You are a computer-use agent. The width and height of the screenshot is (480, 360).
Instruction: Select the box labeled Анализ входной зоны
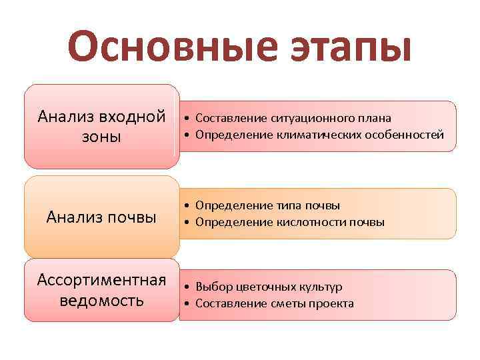point(101,127)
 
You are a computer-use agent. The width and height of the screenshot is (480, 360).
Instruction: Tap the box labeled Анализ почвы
point(101,217)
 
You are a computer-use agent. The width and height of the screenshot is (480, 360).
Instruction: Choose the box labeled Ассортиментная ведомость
point(101,289)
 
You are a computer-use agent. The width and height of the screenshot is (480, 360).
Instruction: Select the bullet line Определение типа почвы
point(267,205)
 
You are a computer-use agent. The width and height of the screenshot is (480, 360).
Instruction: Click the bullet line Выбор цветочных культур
point(269,287)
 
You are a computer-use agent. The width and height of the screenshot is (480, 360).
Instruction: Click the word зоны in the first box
point(101,137)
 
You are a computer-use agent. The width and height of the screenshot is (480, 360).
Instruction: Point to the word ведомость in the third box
point(101,300)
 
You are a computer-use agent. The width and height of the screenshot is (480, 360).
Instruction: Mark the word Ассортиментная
point(101,279)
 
